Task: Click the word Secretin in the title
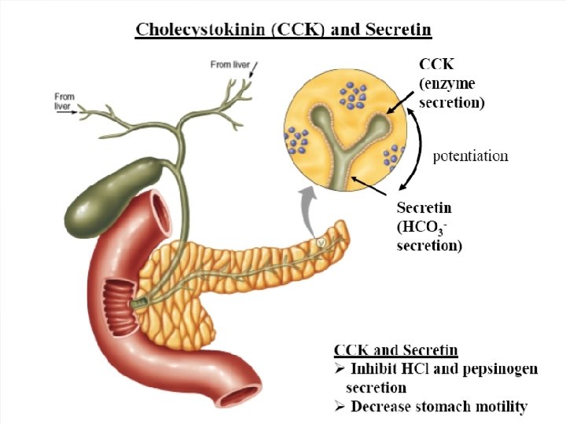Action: tap(395, 31)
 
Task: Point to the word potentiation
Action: tap(471, 155)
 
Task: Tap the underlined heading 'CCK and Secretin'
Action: tap(396, 350)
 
